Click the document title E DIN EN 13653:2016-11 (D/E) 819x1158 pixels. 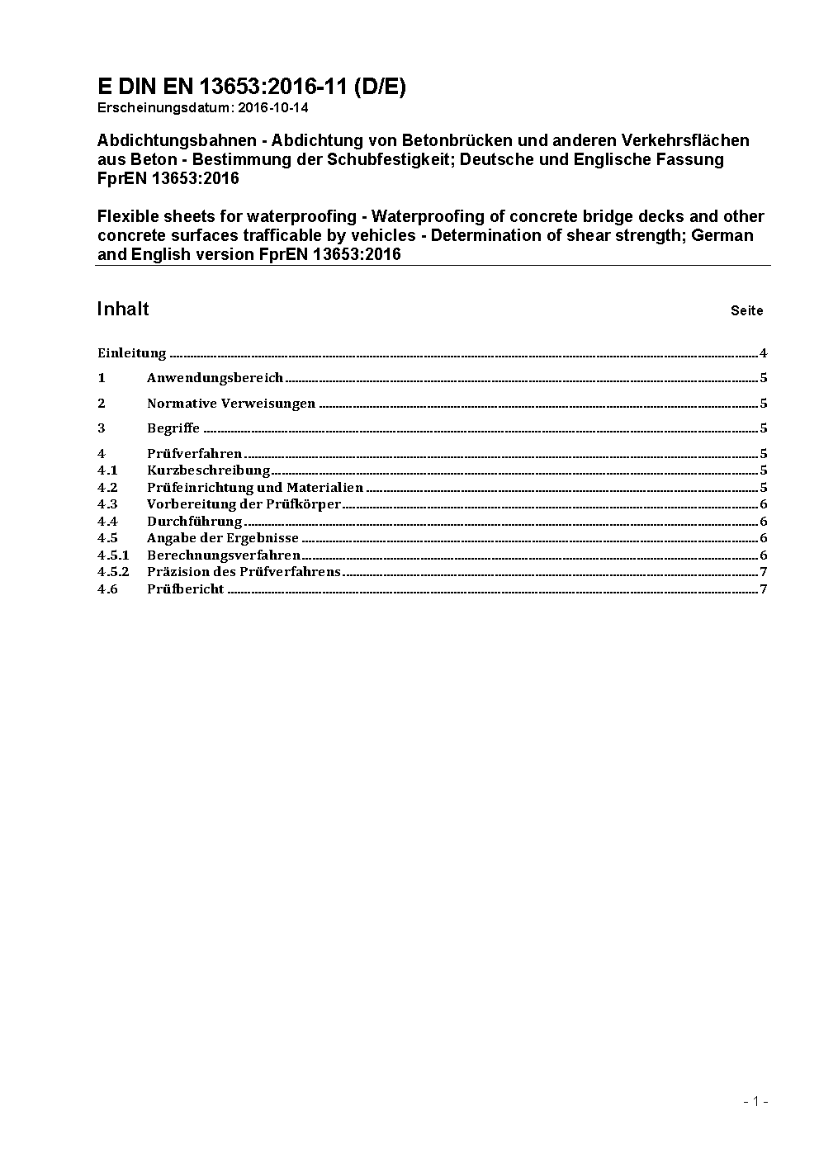pos(251,87)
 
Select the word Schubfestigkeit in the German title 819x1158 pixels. pos(389,159)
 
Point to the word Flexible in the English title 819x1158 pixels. pos(128,216)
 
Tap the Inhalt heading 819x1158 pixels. pos(123,309)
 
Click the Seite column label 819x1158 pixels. pos(746,311)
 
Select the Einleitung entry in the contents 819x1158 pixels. pos(132,353)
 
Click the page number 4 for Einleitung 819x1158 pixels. pos(764,353)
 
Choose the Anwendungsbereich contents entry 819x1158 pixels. pos(215,378)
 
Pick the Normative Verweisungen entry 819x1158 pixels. pos(231,404)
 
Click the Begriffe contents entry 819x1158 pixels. pos(173,428)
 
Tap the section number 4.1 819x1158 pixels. pos(107,470)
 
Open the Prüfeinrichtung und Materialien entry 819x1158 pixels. pos(255,488)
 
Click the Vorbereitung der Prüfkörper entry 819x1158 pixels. pos(244,504)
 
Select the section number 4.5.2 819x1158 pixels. pos(113,572)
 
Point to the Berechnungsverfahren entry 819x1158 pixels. pos(224,555)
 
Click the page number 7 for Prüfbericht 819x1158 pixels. pos(764,589)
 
